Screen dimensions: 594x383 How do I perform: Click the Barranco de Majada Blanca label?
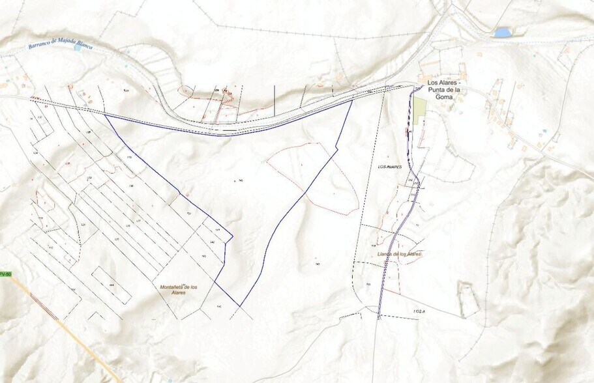coord(61,46)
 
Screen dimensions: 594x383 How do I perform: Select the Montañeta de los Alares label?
coord(174,289)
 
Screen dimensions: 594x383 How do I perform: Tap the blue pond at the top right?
coord(503,32)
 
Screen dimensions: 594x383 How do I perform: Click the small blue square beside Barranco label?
coord(78,48)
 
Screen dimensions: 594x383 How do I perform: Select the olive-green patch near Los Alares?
coord(419,110)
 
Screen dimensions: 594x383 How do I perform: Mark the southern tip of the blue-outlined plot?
coord(240,306)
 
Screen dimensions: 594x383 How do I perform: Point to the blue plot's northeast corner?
coord(352,100)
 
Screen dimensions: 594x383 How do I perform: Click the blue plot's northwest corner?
coord(105,116)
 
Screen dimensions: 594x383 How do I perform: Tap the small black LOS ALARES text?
coord(390,167)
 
